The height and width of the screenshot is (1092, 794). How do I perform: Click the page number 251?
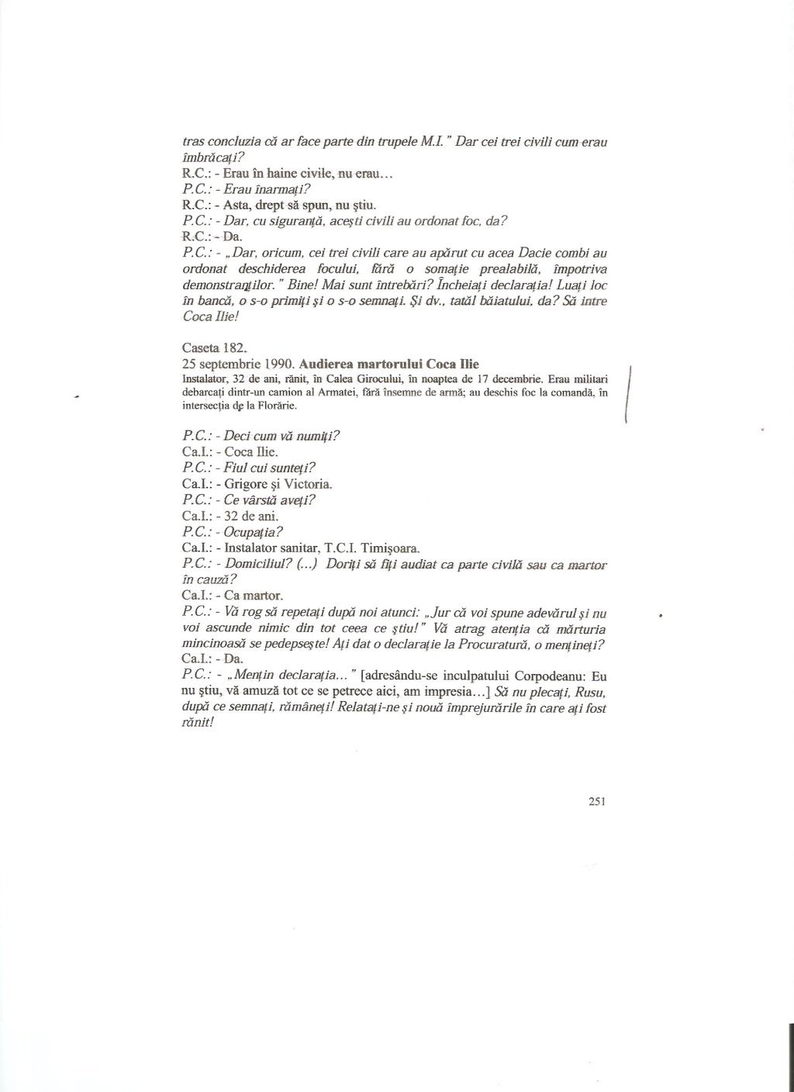pyautogui.click(x=596, y=802)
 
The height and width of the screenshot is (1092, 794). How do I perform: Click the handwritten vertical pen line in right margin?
pyautogui.click(x=629, y=396)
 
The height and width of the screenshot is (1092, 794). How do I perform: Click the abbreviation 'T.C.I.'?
pyautogui.click(x=341, y=548)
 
